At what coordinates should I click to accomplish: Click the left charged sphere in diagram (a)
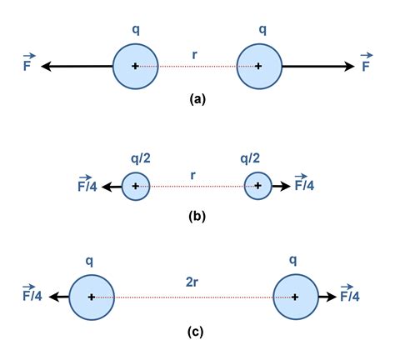pos(136,66)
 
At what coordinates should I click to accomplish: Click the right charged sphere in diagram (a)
pos(258,66)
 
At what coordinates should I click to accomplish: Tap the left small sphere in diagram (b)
pos(136,186)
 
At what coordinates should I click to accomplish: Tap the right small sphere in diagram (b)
pos(258,186)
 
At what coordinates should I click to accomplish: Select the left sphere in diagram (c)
pos(91,297)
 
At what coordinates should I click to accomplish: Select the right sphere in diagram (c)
pos(296,297)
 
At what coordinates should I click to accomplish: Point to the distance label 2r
pos(193,282)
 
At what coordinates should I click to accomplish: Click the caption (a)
pos(197,98)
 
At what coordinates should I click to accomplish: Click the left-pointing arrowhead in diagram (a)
pos(47,66)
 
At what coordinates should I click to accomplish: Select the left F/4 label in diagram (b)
pos(86,185)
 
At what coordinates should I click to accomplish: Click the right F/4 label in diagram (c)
pos(349,295)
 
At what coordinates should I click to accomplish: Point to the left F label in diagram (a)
pos(28,63)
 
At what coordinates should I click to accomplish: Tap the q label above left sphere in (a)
pos(136,29)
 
